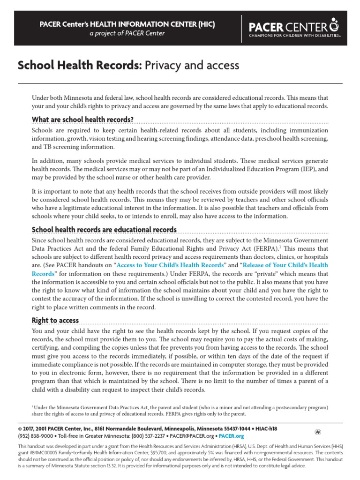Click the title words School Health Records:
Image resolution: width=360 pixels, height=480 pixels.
point(79,65)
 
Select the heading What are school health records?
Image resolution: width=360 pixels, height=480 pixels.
point(82,119)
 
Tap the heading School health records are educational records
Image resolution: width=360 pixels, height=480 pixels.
point(104,230)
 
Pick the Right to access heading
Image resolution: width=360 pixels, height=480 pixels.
point(55,321)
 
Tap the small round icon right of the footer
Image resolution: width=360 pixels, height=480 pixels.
point(318,431)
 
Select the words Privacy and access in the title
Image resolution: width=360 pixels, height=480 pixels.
point(192,65)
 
